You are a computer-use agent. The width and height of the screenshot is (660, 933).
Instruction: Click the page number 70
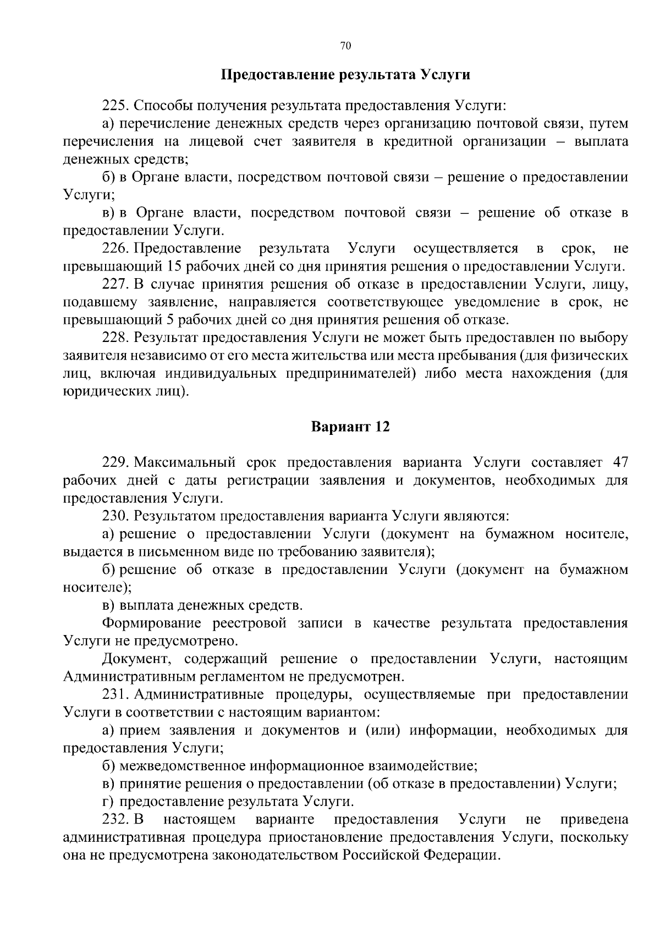click(345, 46)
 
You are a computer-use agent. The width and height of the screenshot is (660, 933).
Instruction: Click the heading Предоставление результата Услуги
click(345, 75)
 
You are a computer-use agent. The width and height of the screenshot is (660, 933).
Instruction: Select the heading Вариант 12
click(351, 427)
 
